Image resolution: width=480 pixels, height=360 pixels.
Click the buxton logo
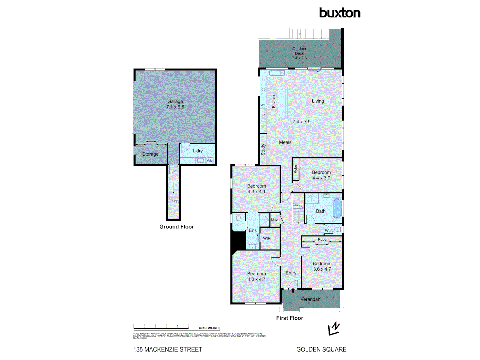pyautogui.click(x=340, y=13)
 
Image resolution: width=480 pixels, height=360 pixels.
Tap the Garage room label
pyautogui.click(x=175, y=101)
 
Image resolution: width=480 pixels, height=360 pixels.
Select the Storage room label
pyautogui.click(x=150, y=154)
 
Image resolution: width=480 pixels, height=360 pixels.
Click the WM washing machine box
pyautogui.click(x=210, y=161)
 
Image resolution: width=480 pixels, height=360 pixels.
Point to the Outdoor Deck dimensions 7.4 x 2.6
pyautogui.click(x=299, y=58)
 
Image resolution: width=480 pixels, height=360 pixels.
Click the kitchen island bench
pyautogui.click(x=283, y=102)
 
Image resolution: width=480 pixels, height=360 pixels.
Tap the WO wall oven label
pyautogui.click(x=263, y=105)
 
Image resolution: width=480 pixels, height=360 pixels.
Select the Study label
pyautogui.click(x=263, y=149)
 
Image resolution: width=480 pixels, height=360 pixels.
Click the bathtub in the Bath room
pyautogui.click(x=337, y=209)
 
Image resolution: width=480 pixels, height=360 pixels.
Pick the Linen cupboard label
pyautogui.click(x=275, y=220)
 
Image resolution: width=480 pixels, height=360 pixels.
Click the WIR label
pyautogui.click(x=267, y=239)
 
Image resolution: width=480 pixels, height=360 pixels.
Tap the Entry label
pyautogui.click(x=291, y=273)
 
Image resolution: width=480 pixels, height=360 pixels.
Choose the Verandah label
pyautogui.click(x=310, y=299)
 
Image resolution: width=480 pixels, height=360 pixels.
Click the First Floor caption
pyautogui.click(x=290, y=318)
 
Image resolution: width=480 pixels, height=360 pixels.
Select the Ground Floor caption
pyautogui.click(x=176, y=227)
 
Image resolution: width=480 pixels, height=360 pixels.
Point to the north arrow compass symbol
pyautogui.click(x=334, y=328)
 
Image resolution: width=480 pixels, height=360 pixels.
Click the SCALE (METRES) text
pyautogui.click(x=209, y=328)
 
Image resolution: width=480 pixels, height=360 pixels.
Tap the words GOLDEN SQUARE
pyautogui.click(x=321, y=349)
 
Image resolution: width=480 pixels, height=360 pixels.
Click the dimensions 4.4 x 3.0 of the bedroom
pyautogui.click(x=321, y=178)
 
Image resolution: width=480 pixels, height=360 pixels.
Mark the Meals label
pyautogui.click(x=285, y=142)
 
